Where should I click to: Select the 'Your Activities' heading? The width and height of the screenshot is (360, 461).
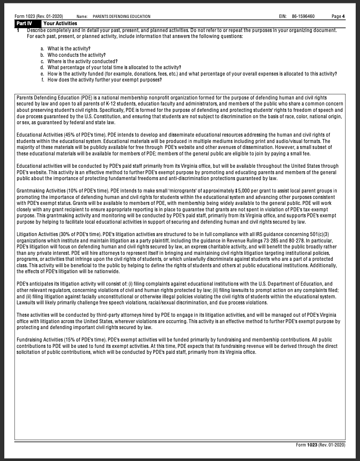point(60,23)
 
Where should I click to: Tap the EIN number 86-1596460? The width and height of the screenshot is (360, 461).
point(303,17)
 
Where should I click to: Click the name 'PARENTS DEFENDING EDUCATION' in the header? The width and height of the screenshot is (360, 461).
point(121,17)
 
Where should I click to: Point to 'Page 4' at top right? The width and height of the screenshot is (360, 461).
point(338,17)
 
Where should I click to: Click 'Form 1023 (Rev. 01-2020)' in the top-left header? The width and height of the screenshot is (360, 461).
point(39,17)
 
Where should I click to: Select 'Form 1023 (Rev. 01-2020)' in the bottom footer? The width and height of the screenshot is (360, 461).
point(320,445)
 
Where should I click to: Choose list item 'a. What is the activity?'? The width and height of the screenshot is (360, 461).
point(65,49)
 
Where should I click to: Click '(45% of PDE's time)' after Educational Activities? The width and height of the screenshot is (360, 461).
point(84,135)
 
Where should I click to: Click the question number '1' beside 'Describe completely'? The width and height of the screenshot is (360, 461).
point(18,31)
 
